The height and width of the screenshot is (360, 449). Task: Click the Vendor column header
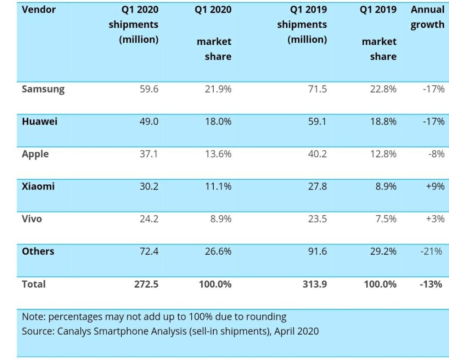tap(39, 9)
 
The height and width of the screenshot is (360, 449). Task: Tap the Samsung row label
tap(43, 89)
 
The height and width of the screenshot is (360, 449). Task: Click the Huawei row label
tap(40, 121)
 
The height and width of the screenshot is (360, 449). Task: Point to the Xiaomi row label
tap(38, 187)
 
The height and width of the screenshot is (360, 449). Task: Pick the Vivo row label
tap(32, 219)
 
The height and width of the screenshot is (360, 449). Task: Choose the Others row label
tap(38, 251)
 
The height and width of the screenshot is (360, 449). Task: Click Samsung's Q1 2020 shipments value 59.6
tap(149, 89)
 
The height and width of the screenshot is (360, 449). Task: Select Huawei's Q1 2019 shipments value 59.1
tap(317, 121)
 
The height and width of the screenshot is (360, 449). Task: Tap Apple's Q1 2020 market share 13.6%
tap(218, 154)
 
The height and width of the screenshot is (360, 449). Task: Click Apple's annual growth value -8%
tap(436, 154)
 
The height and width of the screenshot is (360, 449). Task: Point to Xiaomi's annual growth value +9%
tap(435, 187)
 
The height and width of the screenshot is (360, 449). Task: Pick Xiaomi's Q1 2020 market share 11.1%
tap(218, 187)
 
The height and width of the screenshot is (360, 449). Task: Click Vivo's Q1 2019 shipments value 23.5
tap(317, 219)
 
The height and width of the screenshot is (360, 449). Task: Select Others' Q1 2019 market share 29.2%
tap(383, 251)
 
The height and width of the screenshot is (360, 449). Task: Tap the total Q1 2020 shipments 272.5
tap(146, 284)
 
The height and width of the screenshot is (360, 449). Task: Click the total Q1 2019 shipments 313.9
tap(315, 284)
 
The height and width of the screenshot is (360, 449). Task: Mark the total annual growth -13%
tap(431, 284)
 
